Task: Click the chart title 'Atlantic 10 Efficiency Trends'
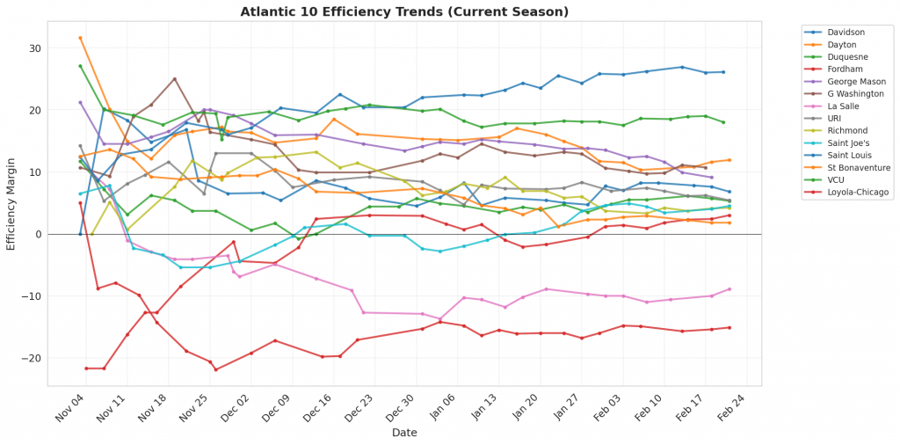[405, 11]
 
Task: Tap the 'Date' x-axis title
[405, 434]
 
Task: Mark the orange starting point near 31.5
[80, 38]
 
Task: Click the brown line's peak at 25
[174, 79]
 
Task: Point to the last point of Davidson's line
[723, 72]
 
